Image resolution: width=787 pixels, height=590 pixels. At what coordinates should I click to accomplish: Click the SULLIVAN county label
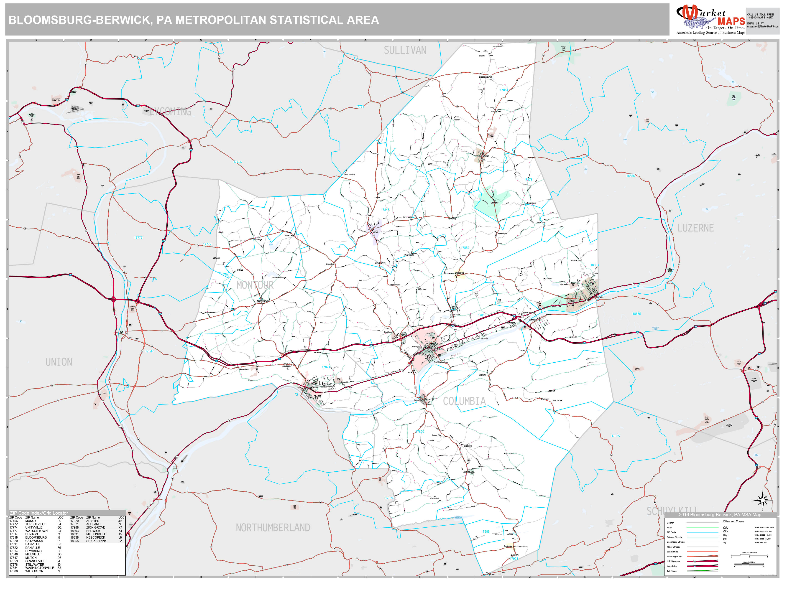[x=405, y=50]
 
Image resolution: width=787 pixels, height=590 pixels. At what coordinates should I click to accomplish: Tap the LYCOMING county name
[x=170, y=112]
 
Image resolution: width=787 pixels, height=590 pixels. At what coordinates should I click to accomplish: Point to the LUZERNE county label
[x=695, y=228]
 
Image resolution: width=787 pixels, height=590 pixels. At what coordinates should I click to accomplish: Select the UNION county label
[x=59, y=362]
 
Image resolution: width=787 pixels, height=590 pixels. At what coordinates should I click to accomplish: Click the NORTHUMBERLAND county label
[x=273, y=528]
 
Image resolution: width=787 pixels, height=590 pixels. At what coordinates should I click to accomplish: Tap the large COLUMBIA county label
[x=464, y=401]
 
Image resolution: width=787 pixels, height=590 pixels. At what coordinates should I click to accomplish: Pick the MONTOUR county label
[x=255, y=285]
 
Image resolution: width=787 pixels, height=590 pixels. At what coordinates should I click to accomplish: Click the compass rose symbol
[x=762, y=501]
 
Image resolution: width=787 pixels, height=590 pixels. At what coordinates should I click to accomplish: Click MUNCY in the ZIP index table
[x=31, y=521]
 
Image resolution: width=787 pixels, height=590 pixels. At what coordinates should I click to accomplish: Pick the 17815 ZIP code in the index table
[x=13, y=537]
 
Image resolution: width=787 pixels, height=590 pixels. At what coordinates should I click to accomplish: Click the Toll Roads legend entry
[x=672, y=571]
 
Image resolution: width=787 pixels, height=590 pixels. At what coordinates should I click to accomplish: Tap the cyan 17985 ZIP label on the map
[x=616, y=436]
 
